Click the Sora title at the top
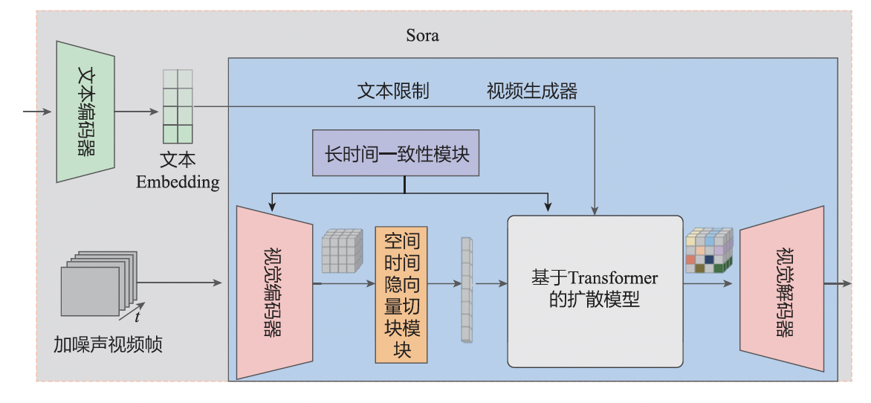422,35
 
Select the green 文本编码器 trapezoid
85,112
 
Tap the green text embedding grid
178,106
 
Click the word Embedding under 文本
178,182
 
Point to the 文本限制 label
393,91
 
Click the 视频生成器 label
531,91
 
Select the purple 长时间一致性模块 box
395,155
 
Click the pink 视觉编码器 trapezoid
273,292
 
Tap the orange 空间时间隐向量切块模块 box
402,294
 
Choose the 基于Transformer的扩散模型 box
595,291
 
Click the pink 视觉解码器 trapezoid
782,288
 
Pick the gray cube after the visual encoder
341,251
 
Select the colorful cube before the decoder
709,251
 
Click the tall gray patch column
466,290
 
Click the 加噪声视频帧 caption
108,344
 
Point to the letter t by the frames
137,317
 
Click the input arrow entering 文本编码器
37,112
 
